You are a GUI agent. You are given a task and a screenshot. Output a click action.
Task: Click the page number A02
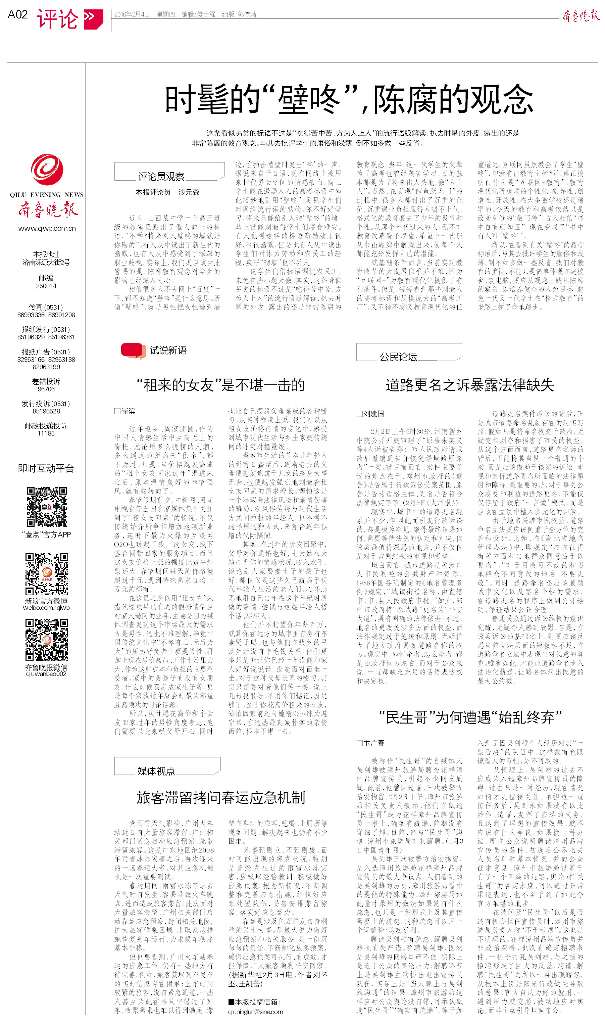click(x=17, y=15)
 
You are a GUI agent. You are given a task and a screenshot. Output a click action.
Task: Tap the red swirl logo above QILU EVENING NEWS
click(x=47, y=169)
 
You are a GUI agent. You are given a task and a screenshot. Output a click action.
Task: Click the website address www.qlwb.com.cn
click(x=47, y=228)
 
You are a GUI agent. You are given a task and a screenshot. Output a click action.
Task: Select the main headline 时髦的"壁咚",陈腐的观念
click(x=349, y=99)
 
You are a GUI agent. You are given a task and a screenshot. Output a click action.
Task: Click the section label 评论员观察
click(x=161, y=177)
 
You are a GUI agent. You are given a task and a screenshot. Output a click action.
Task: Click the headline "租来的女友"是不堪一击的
click(x=220, y=384)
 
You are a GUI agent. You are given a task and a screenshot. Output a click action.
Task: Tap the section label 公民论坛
click(x=398, y=357)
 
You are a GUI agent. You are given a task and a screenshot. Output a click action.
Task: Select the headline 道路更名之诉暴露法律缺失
click(x=470, y=384)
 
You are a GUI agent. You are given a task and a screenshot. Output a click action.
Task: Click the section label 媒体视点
click(x=156, y=771)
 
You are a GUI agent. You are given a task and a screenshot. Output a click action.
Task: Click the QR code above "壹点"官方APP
click(x=47, y=507)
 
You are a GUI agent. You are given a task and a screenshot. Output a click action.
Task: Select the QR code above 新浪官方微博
click(x=47, y=574)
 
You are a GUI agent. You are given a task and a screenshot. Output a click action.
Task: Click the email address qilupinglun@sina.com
click(x=256, y=1012)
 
